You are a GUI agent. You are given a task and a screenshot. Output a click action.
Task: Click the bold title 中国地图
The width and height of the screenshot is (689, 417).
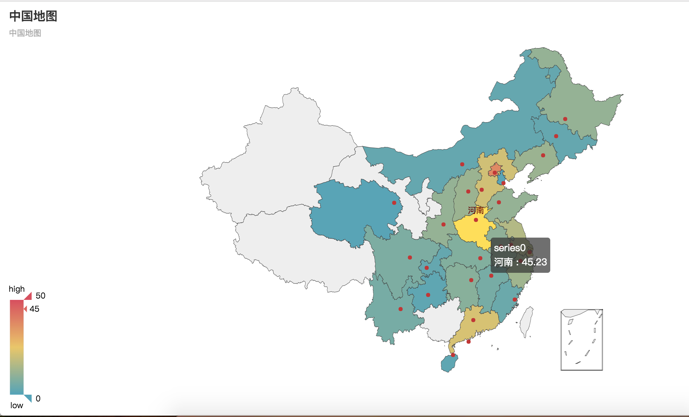tap(33, 16)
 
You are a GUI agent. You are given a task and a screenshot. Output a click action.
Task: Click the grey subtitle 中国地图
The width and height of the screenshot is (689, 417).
tap(25, 33)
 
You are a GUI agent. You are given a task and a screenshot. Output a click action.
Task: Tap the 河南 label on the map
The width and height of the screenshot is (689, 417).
tap(476, 211)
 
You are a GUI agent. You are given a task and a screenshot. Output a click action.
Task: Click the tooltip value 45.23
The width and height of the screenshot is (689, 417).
tap(534, 262)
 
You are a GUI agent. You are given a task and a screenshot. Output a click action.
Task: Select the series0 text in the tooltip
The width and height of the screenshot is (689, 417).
tap(510, 248)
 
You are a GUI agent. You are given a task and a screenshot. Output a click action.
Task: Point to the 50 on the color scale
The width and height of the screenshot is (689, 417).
tap(40, 296)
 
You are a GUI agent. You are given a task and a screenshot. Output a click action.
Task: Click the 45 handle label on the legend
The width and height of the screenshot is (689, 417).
tap(34, 309)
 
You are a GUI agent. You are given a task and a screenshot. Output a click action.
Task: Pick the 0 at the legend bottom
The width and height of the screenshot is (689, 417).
tap(38, 399)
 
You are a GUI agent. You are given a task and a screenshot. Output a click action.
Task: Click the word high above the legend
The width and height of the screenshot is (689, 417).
tap(17, 289)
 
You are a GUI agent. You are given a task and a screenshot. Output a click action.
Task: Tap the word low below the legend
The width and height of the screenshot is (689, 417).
tap(17, 405)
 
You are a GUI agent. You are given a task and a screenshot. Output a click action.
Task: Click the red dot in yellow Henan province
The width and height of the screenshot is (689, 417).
tap(476, 220)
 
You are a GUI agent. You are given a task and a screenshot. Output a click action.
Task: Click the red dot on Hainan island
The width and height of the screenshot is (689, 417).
tap(453, 355)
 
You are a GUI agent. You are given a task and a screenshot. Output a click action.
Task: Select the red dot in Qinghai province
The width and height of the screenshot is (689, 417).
tap(394, 203)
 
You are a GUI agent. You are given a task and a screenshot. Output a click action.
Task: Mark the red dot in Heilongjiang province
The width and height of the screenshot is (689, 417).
tap(565, 119)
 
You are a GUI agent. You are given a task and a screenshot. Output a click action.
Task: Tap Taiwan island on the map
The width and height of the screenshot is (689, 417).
tap(526, 321)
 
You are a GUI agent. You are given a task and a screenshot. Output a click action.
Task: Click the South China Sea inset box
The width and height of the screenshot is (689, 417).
tap(582, 340)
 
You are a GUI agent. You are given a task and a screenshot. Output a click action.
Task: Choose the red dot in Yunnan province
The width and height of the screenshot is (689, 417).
tap(400, 309)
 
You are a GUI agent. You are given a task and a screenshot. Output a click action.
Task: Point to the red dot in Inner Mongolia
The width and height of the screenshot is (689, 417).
tap(462, 164)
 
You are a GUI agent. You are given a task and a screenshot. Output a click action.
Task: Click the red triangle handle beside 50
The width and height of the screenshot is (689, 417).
tap(28, 296)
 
